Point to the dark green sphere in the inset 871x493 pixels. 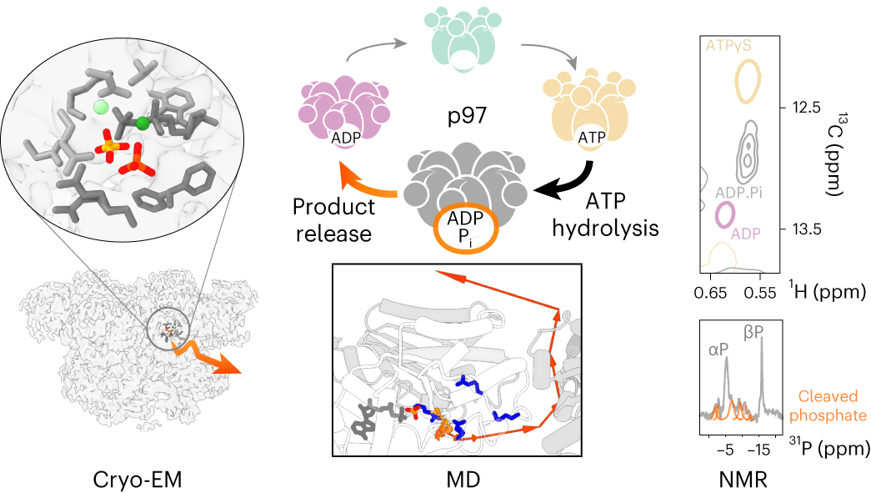143,124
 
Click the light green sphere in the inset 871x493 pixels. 101,107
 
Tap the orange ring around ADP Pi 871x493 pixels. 465,243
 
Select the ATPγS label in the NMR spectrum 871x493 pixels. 728,45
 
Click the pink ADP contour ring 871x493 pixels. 725,214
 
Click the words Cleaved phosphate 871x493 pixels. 830,405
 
